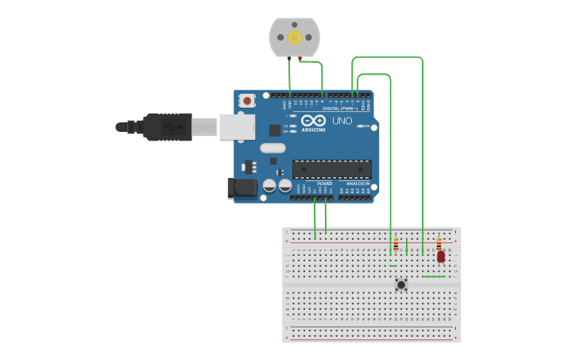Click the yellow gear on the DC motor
tap(294, 37)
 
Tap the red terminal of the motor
tap(300, 59)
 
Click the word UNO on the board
tap(342, 121)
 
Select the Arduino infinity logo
tap(313, 120)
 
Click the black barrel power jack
tap(242, 188)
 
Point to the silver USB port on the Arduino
tap(236, 126)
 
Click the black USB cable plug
tap(166, 126)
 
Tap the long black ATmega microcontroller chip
tap(331, 169)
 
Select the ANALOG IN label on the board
tap(357, 184)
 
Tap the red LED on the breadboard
tap(441, 256)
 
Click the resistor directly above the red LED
tap(439, 243)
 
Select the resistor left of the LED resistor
tap(396, 245)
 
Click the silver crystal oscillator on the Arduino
tap(273, 148)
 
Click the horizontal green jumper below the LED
tap(433, 277)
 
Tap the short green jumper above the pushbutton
tap(393, 265)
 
